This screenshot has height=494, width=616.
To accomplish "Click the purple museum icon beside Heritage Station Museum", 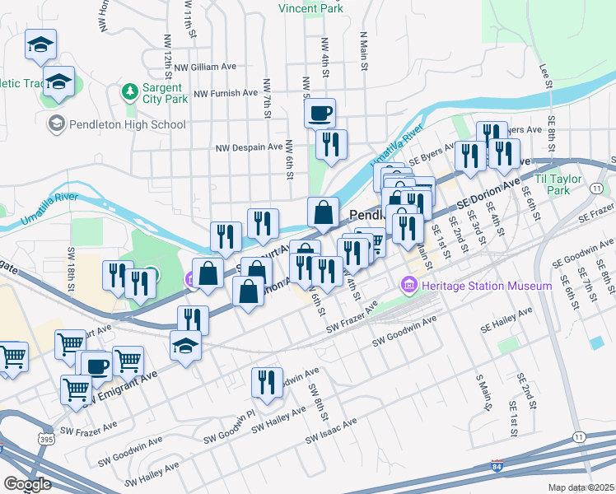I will click(x=407, y=285).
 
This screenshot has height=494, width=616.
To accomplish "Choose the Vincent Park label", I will click(x=310, y=8).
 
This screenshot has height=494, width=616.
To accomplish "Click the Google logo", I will click(x=27, y=484).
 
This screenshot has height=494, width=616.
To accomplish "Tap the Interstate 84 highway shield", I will click(x=497, y=466).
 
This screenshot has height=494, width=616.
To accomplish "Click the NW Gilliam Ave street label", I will click(x=203, y=67).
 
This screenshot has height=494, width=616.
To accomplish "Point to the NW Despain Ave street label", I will click(x=250, y=147).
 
